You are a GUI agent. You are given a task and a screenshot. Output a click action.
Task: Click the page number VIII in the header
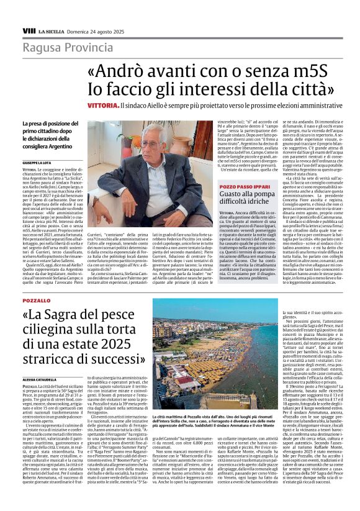[x=28, y=30]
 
